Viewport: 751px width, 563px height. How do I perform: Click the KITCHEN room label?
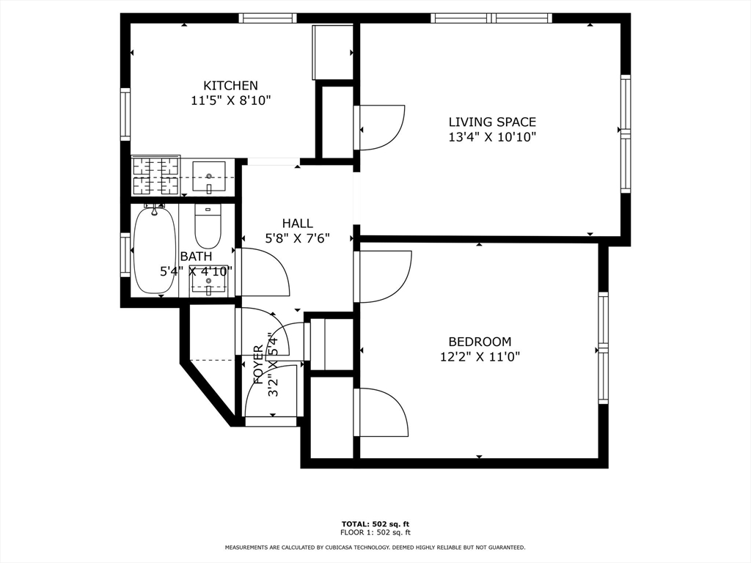pyautogui.click(x=231, y=86)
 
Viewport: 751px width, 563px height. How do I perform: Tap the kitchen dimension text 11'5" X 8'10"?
pyautogui.click(x=231, y=101)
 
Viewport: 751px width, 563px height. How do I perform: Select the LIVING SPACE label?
pyautogui.click(x=492, y=122)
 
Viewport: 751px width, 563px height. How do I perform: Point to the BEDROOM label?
pyautogui.click(x=480, y=342)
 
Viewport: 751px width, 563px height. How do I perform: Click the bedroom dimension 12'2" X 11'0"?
pyautogui.click(x=480, y=357)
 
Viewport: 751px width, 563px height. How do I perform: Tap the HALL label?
pyautogui.click(x=298, y=223)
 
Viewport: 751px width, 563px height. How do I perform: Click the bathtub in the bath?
pyautogui.click(x=154, y=249)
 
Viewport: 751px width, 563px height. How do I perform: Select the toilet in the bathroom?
pyautogui.click(x=208, y=226)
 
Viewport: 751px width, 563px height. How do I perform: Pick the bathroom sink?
pyautogui.click(x=208, y=280)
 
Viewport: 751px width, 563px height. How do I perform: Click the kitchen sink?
pyautogui.click(x=209, y=177)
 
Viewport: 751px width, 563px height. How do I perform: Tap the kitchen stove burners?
pyautogui.click(x=155, y=176)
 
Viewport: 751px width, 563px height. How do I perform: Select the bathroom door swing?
pyautogui.click(x=265, y=273)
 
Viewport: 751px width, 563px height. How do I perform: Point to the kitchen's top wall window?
pyautogui.click(x=268, y=18)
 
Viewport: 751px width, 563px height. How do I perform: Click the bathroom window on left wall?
pyautogui.click(x=125, y=254)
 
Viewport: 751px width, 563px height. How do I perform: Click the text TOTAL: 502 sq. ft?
pyautogui.click(x=375, y=524)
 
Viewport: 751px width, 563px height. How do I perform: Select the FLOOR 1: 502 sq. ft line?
pyautogui.click(x=375, y=532)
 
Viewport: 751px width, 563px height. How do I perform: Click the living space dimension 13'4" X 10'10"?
pyautogui.click(x=492, y=137)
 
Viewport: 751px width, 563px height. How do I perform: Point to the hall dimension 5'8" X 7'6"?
pyautogui.click(x=298, y=238)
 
